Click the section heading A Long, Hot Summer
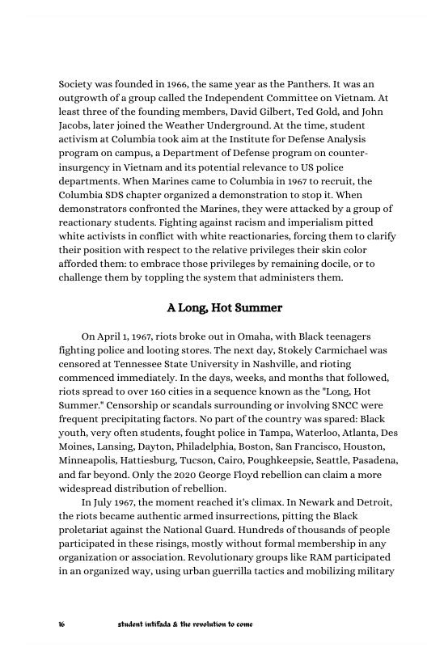(224, 308)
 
